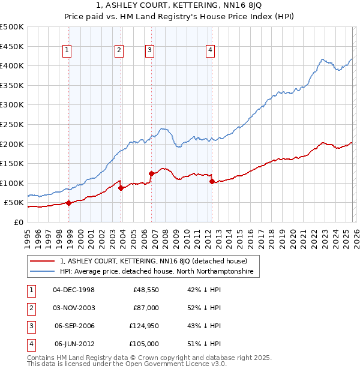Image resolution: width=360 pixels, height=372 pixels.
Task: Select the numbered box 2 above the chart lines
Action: coord(119,50)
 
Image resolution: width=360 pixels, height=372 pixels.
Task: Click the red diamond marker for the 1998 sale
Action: coord(68,203)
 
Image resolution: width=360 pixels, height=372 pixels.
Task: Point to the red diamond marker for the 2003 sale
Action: coord(121,188)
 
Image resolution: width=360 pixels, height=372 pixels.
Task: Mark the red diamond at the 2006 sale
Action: coord(151,173)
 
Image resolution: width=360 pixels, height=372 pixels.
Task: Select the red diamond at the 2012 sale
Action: coord(212,181)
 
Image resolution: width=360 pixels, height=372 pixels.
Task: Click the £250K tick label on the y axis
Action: coord(12,124)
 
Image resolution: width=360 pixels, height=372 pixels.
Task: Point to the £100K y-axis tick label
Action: coord(12,183)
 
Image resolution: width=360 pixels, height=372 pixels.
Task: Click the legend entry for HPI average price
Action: coord(156,272)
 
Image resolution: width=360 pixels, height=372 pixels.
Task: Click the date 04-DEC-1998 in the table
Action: coord(74,290)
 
